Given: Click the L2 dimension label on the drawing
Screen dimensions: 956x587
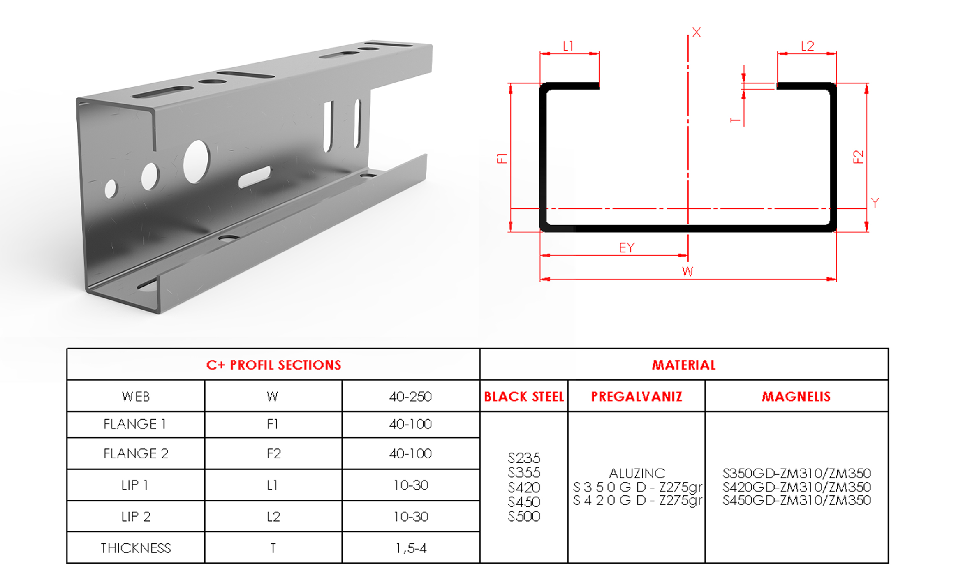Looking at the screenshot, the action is pos(807,46).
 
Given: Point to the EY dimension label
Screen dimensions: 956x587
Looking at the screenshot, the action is pos(627,247).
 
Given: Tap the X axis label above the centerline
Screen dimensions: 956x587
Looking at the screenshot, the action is pos(696,32).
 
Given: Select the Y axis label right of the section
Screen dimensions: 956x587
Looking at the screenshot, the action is pos(875,203).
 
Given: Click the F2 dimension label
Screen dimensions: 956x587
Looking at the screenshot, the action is pos(858,157).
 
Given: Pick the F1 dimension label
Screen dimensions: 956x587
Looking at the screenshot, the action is pos(502,158).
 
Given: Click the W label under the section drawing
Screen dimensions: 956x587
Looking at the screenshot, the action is pos(687,271).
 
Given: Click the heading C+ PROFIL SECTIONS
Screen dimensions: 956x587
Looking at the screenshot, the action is pos(273,365).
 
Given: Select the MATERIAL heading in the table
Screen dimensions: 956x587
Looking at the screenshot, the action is pos(684,365).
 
